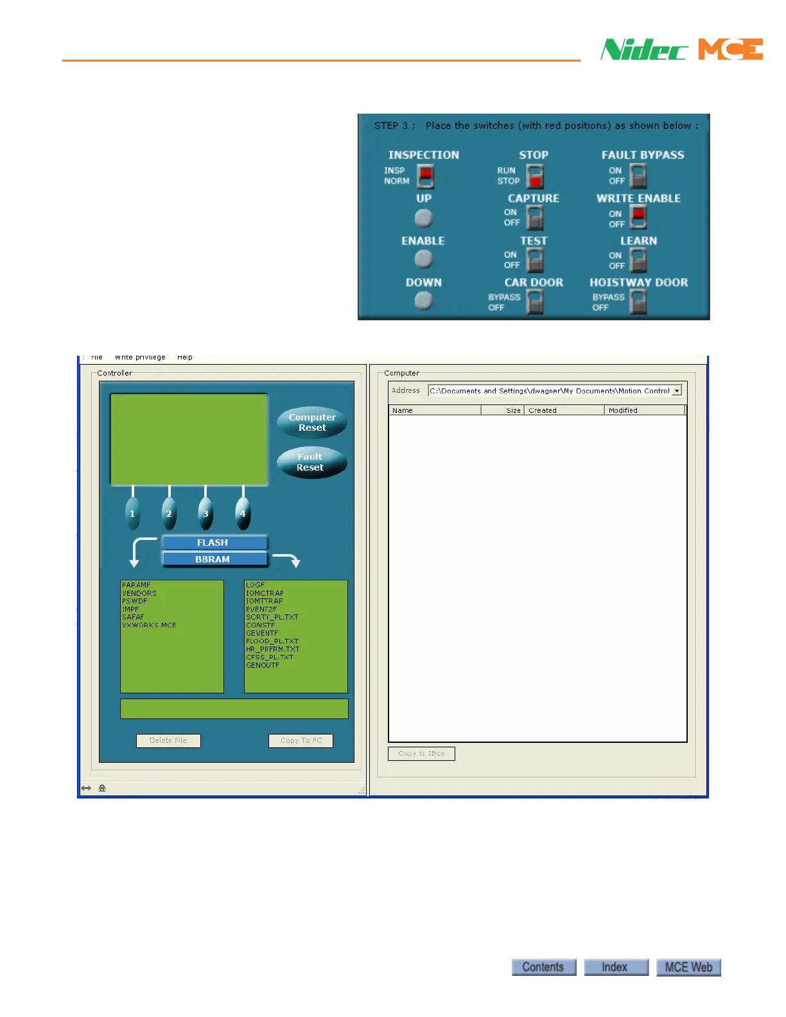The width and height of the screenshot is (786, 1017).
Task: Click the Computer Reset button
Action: [312, 422]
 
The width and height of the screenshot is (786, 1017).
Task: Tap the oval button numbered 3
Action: [205, 513]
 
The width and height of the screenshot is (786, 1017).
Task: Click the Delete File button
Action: [168, 740]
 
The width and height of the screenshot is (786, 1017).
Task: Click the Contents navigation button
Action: [543, 967]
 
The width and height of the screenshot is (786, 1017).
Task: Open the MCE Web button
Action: [688, 967]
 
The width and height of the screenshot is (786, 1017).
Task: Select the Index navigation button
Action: [615, 967]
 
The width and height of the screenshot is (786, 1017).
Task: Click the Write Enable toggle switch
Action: [638, 218]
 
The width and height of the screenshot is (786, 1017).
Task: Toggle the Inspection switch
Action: [425, 176]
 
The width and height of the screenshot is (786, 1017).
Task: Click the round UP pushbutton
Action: [423, 218]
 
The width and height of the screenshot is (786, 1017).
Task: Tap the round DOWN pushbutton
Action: [423, 300]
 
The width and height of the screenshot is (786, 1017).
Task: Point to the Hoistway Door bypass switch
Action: [638, 301]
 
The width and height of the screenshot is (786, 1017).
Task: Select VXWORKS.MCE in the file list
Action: [150, 625]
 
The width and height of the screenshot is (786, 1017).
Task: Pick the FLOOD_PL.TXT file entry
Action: [272, 641]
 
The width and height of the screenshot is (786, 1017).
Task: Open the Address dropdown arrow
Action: [676, 390]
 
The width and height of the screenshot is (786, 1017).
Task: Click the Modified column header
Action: [644, 410]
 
